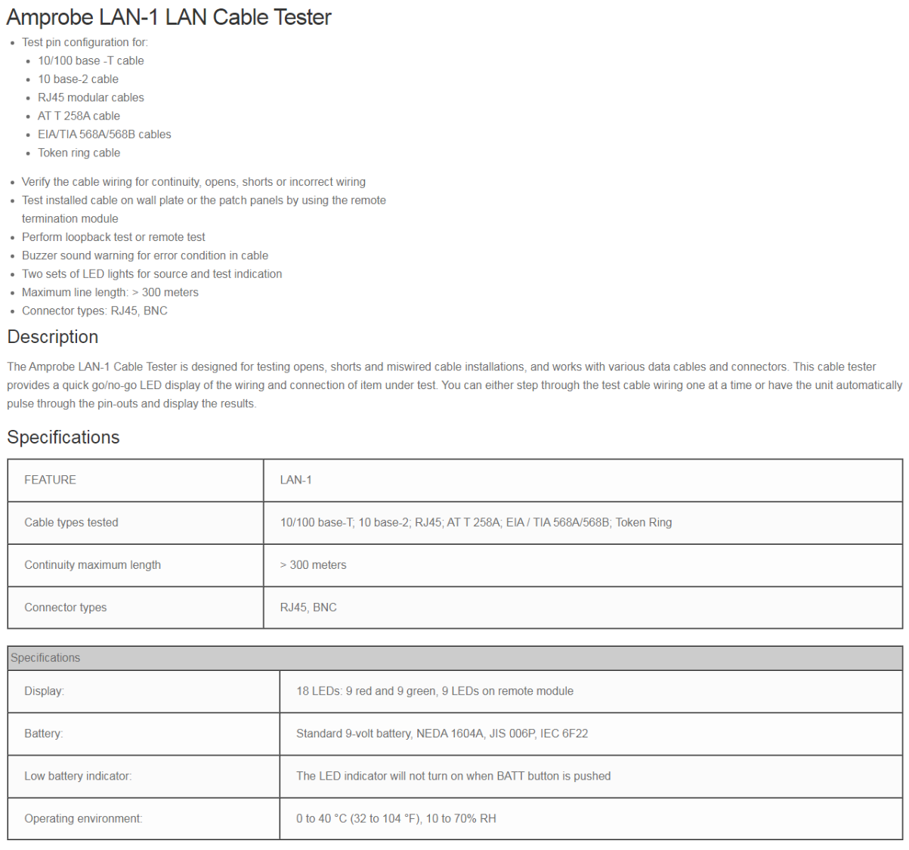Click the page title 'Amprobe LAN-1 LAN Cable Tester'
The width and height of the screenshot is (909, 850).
pos(169,17)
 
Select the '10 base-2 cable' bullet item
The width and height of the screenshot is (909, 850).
pos(78,79)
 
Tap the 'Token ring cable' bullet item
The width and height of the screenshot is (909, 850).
pos(79,153)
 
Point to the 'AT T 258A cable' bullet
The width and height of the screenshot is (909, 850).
pos(79,116)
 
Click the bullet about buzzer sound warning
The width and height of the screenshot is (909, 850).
pos(145,255)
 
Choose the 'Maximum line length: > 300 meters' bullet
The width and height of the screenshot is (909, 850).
pos(110,292)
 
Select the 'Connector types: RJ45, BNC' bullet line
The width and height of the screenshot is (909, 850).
pos(94,311)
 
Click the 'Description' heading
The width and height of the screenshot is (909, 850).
pos(53,337)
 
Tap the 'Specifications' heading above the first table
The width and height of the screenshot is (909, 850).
pos(63,437)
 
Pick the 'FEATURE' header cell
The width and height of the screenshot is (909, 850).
pos(50,480)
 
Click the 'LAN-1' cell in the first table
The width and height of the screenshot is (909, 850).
pos(295,480)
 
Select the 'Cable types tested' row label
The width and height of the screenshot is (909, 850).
pos(71,522)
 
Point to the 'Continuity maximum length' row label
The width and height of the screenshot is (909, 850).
pos(92,564)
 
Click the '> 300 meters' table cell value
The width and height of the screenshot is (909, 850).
pos(313,564)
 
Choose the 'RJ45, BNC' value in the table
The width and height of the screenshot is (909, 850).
pos(308,607)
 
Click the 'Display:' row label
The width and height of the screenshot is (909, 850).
pos(44,691)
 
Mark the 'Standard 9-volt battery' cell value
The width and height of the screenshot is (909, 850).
pos(441,733)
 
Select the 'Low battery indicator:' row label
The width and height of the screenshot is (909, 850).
pos(78,776)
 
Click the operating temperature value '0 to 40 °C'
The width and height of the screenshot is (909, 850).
pos(396,818)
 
